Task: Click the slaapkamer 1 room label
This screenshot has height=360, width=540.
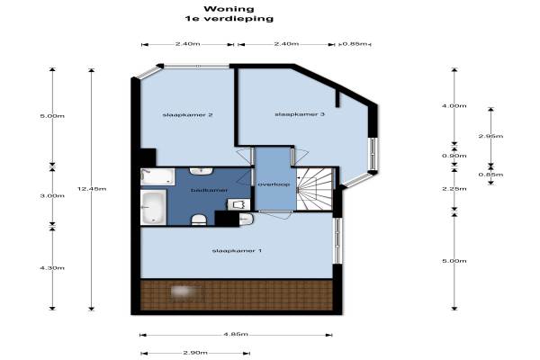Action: pyautogui.click(x=237, y=250)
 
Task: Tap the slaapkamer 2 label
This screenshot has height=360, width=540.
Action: pyautogui.click(x=187, y=114)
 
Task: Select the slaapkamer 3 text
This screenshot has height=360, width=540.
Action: pyautogui.click(x=300, y=114)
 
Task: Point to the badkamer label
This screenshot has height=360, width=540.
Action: pyautogui.click(x=209, y=190)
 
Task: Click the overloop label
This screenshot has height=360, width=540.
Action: pyautogui.click(x=274, y=184)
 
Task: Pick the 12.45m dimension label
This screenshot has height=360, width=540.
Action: pyautogui.click(x=92, y=189)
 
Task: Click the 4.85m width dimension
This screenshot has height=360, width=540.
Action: pyautogui.click(x=236, y=334)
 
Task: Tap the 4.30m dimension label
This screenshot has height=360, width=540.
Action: pyautogui.click(x=52, y=267)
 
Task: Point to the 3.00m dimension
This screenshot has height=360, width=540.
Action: pyautogui.click(x=52, y=195)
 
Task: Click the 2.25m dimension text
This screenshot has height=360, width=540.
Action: pyautogui.click(x=454, y=189)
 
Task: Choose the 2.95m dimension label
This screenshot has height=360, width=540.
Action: pyautogui.click(x=490, y=136)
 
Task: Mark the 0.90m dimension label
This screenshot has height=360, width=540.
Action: pyautogui.click(x=454, y=156)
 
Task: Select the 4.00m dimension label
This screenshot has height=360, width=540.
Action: pyautogui.click(x=454, y=106)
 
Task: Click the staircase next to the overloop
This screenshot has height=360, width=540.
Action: pyautogui.click(x=314, y=189)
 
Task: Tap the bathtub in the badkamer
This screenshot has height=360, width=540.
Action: pyautogui.click(x=154, y=208)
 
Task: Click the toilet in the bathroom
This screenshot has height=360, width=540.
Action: pyautogui.click(x=199, y=220)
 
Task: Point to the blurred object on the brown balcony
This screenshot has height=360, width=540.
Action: pyautogui.click(x=182, y=292)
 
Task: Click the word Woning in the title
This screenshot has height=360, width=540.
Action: pyautogui.click(x=229, y=9)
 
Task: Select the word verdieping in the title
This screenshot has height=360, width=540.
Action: pyautogui.click(x=238, y=19)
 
